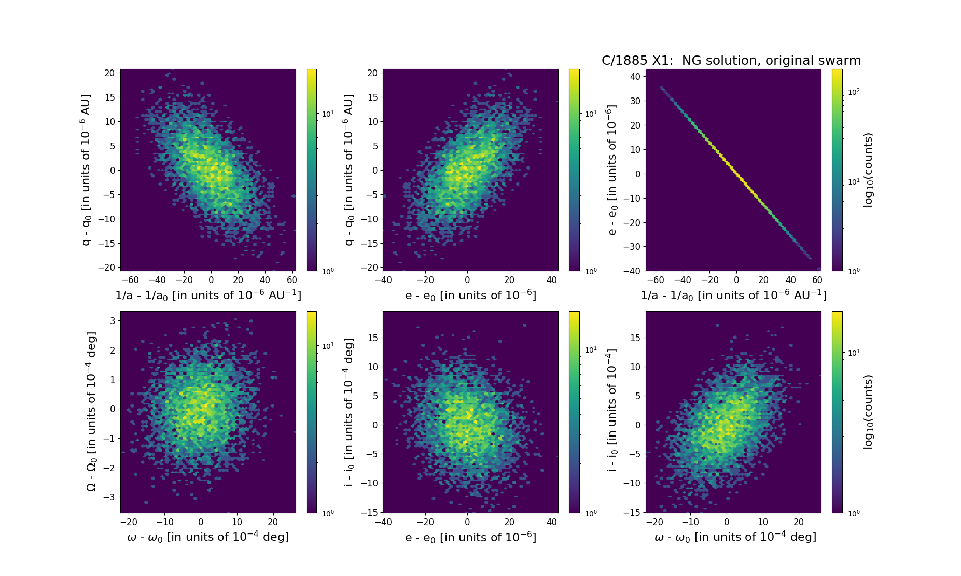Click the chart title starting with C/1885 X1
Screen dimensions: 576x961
pyautogui.click(x=731, y=61)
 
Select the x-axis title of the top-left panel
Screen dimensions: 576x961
pyautogui.click(x=208, y=295)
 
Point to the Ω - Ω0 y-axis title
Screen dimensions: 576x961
pyautogui.click(x=91, y=412)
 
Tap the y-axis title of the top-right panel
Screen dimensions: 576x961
pyautogui.click(x=612, y=170)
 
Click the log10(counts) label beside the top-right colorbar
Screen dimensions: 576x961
pyautogui.click(x=868, y=170)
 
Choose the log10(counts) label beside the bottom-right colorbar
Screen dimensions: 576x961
pyautogui.click(x=868, y=412)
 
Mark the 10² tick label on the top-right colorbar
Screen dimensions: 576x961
pyautogui.click(x=854, y=92)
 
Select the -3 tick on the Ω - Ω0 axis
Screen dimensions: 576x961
pyautogui.click(x=109, y=497)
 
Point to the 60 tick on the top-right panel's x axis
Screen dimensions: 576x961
pyautogui.click(x=817, y=280)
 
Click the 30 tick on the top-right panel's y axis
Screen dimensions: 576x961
pyautogui.click(x=635, y=101)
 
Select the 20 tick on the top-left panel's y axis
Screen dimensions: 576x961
pyautogui.click(x=109, y=73)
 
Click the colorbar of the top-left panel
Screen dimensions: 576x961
pyautogui.click(x=311, y=170)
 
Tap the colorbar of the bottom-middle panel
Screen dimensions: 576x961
pyautogui.click(x=574, y=412)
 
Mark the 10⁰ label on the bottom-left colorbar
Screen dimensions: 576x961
pyautogui.click(x=328, y=513)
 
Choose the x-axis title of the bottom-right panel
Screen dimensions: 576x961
pyautogui.click(x=735, y=537)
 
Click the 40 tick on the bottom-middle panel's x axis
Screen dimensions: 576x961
pyautogui.click(x=552, y=522)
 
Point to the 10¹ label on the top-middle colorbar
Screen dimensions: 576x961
pyautogui.click(x=591, y=114)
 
